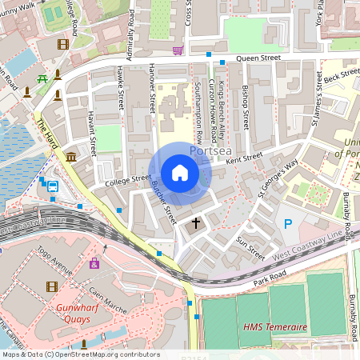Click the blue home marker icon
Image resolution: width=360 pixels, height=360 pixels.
tap(180, 173)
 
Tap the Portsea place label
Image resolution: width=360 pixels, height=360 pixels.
tap(210, 150)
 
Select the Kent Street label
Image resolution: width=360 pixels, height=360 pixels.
tap(244, 161)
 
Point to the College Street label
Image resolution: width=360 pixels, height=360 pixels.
tap(128, 181)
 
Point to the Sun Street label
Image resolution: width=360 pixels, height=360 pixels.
tap(250, 247)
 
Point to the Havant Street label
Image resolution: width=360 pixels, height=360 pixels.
tap(90, 131)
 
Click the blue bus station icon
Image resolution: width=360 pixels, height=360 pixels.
tap(53, 186)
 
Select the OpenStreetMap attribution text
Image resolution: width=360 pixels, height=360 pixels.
tap(80, 354)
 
